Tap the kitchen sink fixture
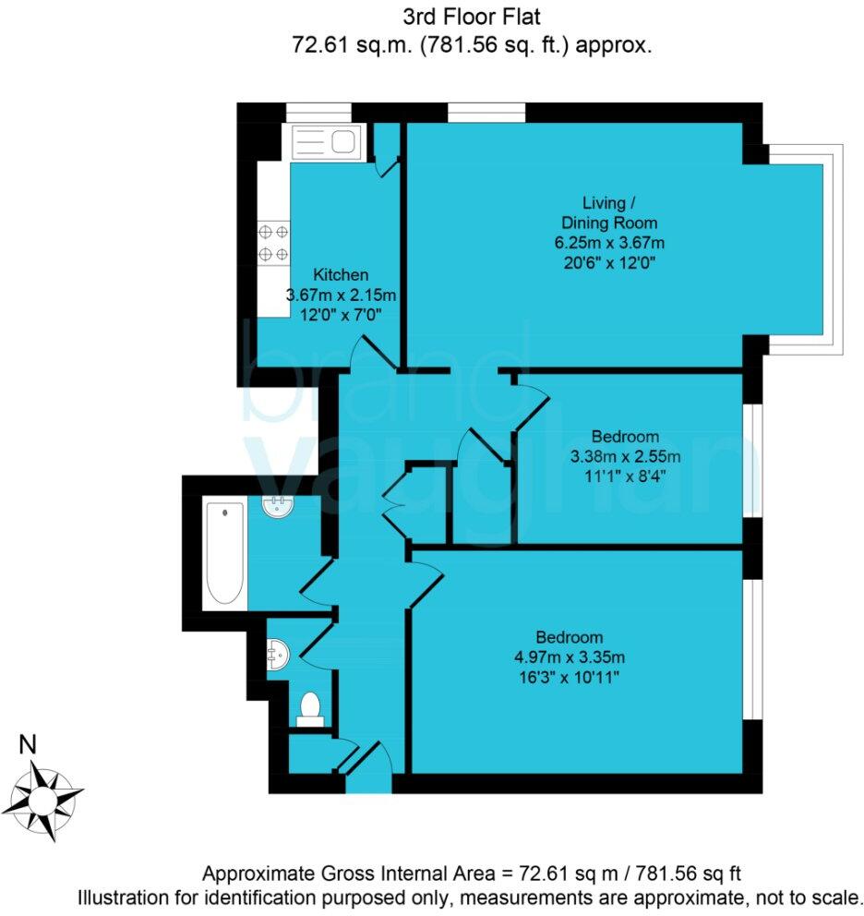325,143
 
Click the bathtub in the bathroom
224,552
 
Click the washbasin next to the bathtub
278,506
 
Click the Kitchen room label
341,274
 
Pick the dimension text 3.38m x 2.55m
625,455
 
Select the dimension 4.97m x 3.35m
570,657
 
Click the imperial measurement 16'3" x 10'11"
570,677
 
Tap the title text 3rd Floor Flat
473,16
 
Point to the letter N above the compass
29,744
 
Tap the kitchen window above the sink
312,113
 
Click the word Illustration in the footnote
125,897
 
